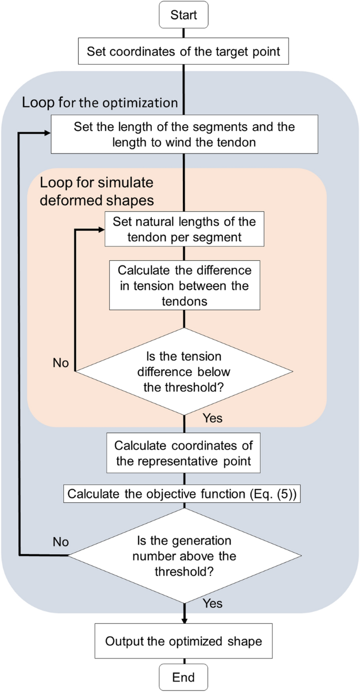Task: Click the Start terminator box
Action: (x=183, y=15)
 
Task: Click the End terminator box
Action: (x=183, y=676)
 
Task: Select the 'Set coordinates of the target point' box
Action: (x=183, y=52)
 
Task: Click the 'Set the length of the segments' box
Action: (x=184, y=134)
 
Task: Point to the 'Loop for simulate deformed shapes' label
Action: (x=97, y=191)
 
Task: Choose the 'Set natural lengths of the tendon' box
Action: (x=184, y=229)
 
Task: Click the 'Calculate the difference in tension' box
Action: (x=184, y=286)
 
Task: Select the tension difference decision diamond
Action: (x=184, y=372)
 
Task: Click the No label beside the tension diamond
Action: (x=61, y=363)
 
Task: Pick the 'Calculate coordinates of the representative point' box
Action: (x=184, y=453)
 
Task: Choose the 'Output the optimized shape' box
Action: (x=183, y=642)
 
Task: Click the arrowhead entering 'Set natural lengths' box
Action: (x=100, y=229)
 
